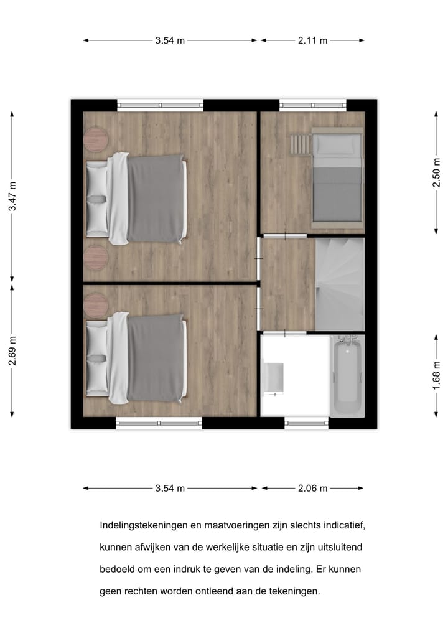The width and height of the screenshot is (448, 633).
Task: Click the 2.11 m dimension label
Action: [312, 40]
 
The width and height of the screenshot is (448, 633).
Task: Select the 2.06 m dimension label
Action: [312, 489]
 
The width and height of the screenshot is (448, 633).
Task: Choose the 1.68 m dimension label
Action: [437, 375]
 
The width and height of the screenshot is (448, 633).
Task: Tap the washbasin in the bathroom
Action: [273, 378]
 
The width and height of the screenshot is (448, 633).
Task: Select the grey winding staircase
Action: [339, 284]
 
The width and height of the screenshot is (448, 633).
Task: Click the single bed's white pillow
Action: [336, 145]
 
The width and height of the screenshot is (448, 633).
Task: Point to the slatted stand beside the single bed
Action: [300, 145]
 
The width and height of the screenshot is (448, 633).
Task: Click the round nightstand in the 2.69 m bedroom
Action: [96, 304]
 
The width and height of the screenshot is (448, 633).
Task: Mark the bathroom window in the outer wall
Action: [306, 423]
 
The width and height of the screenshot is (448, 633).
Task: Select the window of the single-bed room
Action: [312, 106]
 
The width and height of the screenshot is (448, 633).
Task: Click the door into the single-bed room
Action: [284, 235]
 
